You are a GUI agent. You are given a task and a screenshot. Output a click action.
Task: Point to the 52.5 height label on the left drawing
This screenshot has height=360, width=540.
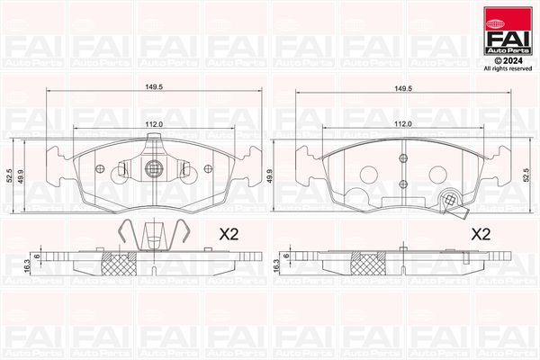coord(8,175)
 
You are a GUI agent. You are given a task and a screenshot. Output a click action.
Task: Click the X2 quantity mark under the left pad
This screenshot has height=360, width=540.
coord(229,234)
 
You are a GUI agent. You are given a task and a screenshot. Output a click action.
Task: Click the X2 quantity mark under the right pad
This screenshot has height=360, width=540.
coord(481,234)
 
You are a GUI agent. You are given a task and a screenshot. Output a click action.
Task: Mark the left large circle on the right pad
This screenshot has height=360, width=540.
coord(366,175)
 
